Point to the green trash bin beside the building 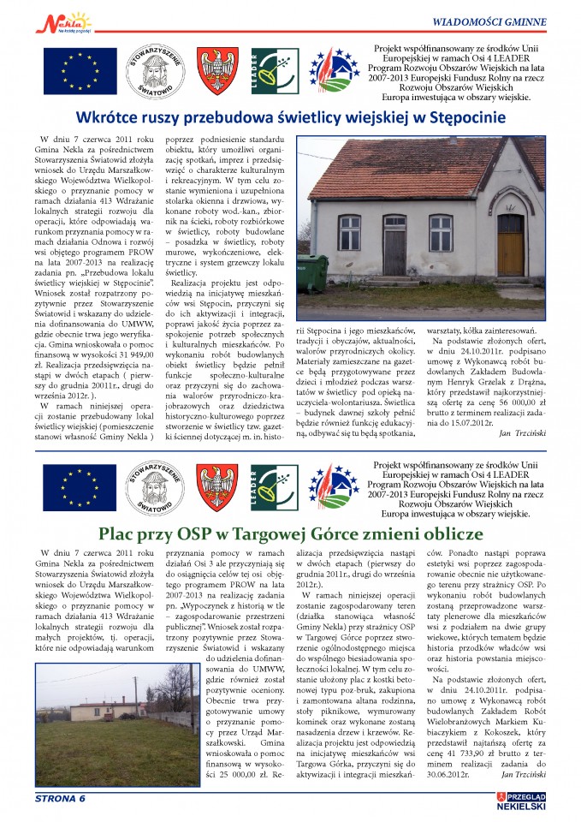(312, 271)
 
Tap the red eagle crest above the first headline (218, 71)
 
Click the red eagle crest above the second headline (217, 487)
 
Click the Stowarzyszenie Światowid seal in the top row (151, 72)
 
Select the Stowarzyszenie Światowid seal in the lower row (151, 487)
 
